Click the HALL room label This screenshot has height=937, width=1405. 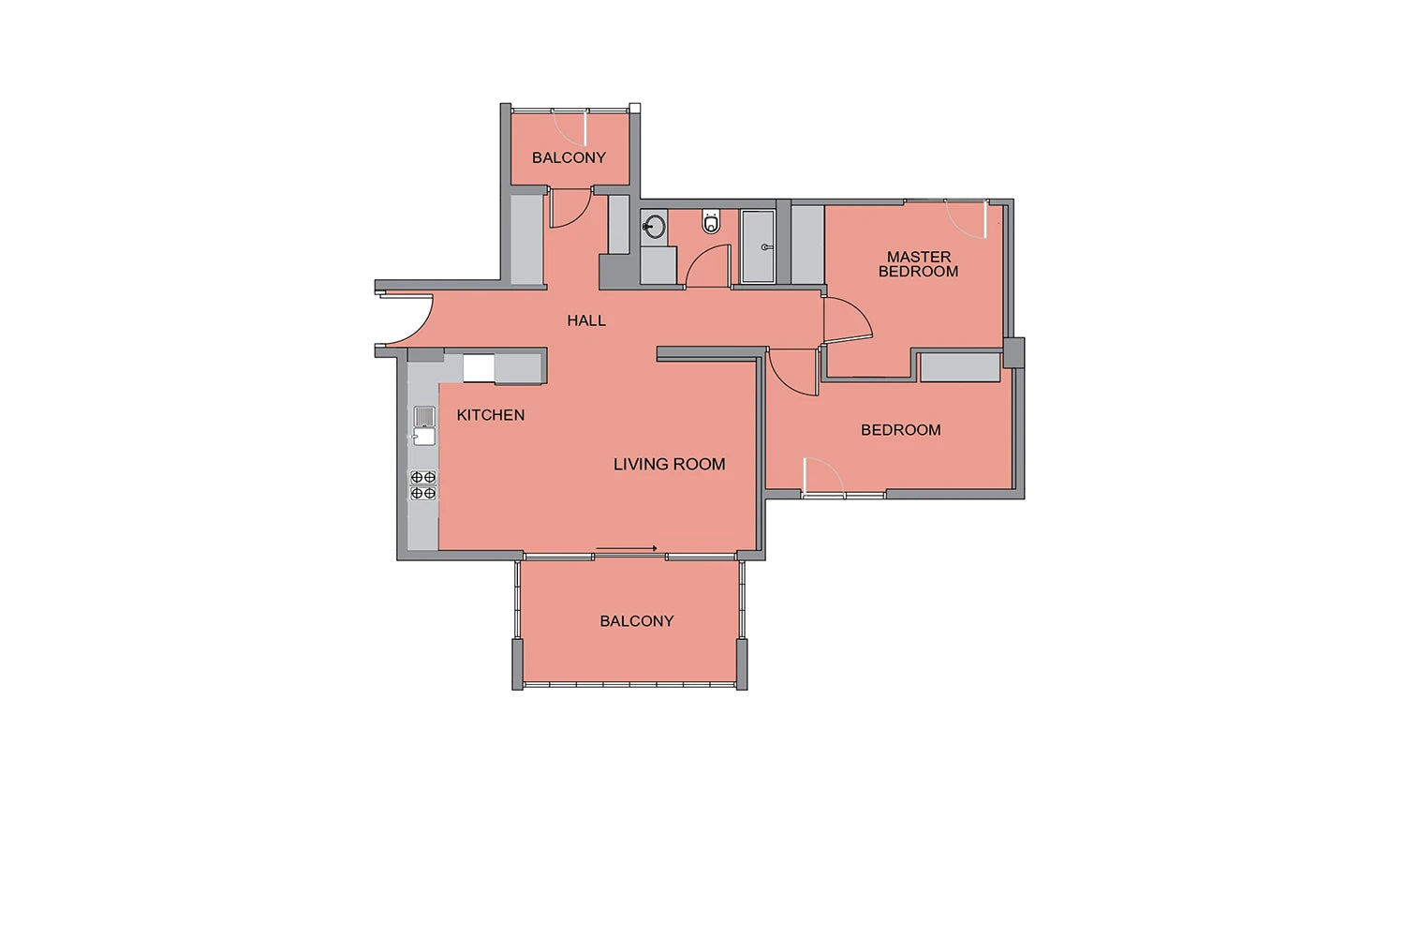pos(585,320)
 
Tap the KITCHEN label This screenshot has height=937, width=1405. pos(491,415)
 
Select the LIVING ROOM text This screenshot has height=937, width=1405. pos(670,465)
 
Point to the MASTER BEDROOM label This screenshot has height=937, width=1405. pos(918,264)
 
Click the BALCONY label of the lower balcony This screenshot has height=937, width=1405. pos(637,621)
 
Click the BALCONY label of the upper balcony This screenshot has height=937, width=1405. pos(569,157)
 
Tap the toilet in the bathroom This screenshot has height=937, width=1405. pos(711,221)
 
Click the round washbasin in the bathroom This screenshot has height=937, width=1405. pos(654,227)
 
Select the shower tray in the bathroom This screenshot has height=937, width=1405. pos(759,246)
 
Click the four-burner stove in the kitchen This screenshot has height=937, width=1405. pos(423,485)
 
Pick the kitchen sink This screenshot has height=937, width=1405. pos(424,426)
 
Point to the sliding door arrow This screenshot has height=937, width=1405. pos(627,548)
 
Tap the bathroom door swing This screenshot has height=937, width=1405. pos(707,265)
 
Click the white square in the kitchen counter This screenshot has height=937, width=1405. pos(479,367)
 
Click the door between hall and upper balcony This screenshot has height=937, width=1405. pos(570,207)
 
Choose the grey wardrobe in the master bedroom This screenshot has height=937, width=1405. pos(807,245)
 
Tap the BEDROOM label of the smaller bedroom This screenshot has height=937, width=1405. pos(901,430)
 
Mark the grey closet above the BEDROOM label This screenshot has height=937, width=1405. pos(960,367)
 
